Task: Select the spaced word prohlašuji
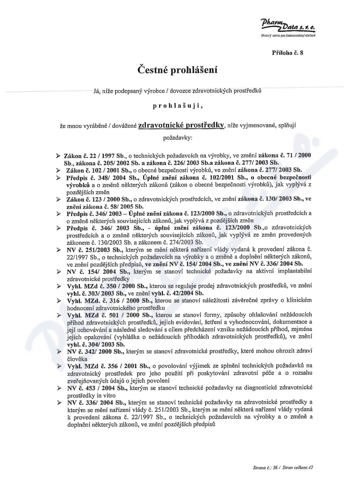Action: [x=178, y=107]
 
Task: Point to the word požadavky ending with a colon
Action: [x=178, y=135]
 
